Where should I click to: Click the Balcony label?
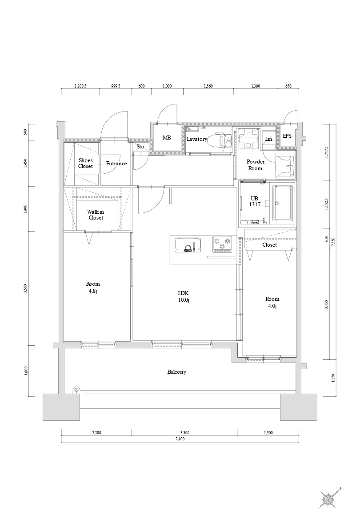[x=176, y=372]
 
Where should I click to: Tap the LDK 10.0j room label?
[x=184, y=296]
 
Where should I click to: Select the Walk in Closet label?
[x=96, y=215]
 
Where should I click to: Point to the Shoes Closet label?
[x=85, y=164]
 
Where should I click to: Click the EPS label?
[x=287, y=136]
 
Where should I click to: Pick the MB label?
[x=167, y=138]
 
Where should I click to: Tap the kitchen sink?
[x=188, y=245]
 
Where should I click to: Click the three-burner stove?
[x=222, y=244]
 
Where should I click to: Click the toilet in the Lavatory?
[x=219, y=140]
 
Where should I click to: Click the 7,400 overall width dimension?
[x=180, y=439]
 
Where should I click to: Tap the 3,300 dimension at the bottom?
[x=185, y=432]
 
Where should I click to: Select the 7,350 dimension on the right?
[x=333, y=242]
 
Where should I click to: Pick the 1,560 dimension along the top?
[x=208, y=86]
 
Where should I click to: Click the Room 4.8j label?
[x=93, y=287]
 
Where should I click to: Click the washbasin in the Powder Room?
[x=285, y=166]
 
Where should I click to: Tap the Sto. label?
[x=141, y=147]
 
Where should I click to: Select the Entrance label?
[x=116, y=164]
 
